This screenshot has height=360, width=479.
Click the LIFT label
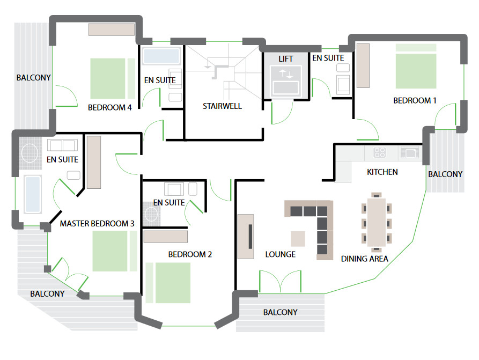(285, 58)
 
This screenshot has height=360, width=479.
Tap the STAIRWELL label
(222, 106)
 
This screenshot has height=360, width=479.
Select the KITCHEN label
(382, 172)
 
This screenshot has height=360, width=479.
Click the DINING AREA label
(364, 259)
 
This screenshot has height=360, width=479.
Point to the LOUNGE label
(280, 254)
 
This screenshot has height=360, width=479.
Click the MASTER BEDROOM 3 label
(97, 224)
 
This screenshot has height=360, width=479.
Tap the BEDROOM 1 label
(415, 100)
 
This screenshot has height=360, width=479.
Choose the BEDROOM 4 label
(109, 108)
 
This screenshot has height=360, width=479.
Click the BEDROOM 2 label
(190, 254)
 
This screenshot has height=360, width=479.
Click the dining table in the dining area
(377, 222)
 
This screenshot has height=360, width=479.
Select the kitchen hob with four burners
(379, 152)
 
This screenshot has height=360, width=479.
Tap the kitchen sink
(409, 152)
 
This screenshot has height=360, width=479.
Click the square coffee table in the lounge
(298, 239)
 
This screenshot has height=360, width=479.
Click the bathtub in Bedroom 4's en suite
(161, 56)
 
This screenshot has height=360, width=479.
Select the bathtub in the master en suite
(33, 194)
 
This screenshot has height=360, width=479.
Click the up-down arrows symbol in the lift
(286, 74)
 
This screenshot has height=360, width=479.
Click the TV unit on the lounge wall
(246, 237)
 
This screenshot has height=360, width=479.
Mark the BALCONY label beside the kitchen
(445, 174)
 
